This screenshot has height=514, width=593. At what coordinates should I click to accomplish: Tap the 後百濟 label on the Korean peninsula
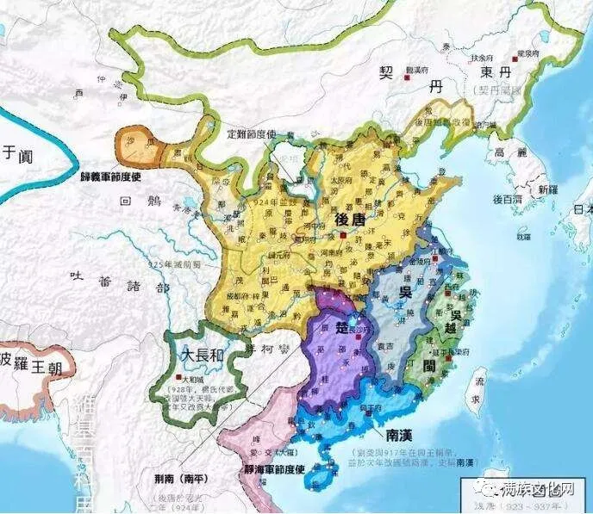pos(509,200)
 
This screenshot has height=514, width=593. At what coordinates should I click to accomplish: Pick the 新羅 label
pos(548,189)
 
